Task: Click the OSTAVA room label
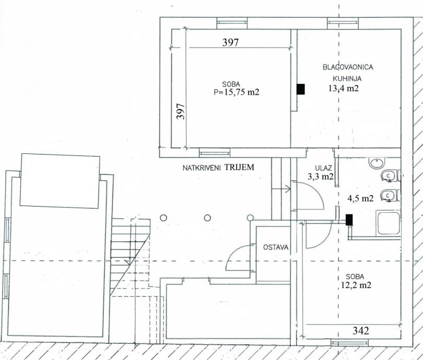[276, 247]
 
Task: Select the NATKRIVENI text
[202, 168]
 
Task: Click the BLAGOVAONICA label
[348, 67]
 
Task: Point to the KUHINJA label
[347, 79]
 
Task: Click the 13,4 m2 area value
[344, 88]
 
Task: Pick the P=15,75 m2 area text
[236, 92]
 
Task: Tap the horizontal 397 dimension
[231, 42]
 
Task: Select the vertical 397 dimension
[180, 111]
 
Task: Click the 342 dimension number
[361, 330]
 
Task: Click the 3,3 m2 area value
[321, 176]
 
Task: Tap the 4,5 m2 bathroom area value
[360, 198]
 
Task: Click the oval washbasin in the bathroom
[377, 163]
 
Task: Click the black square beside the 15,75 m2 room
[300, 89]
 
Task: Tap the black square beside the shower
[349, 220]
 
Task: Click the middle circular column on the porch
[207, 218]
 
